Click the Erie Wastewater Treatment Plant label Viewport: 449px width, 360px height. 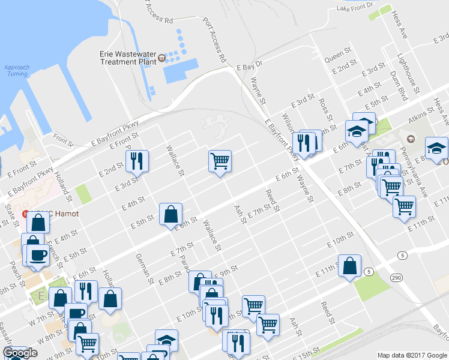click(127, 57)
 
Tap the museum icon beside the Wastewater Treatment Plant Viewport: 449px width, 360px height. click(162, 58)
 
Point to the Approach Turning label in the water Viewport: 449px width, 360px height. click(16, 70)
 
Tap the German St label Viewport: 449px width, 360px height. click(145, 268)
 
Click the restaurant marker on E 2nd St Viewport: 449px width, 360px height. click(137, 160)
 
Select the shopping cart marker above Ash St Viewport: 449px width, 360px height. click(220, 160)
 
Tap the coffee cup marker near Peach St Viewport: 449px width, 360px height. click(38, 254)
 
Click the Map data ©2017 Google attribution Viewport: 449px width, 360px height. click(412, 355)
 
